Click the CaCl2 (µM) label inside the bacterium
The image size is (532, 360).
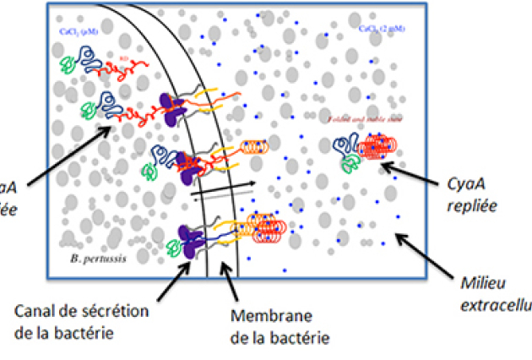pos(77,31)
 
